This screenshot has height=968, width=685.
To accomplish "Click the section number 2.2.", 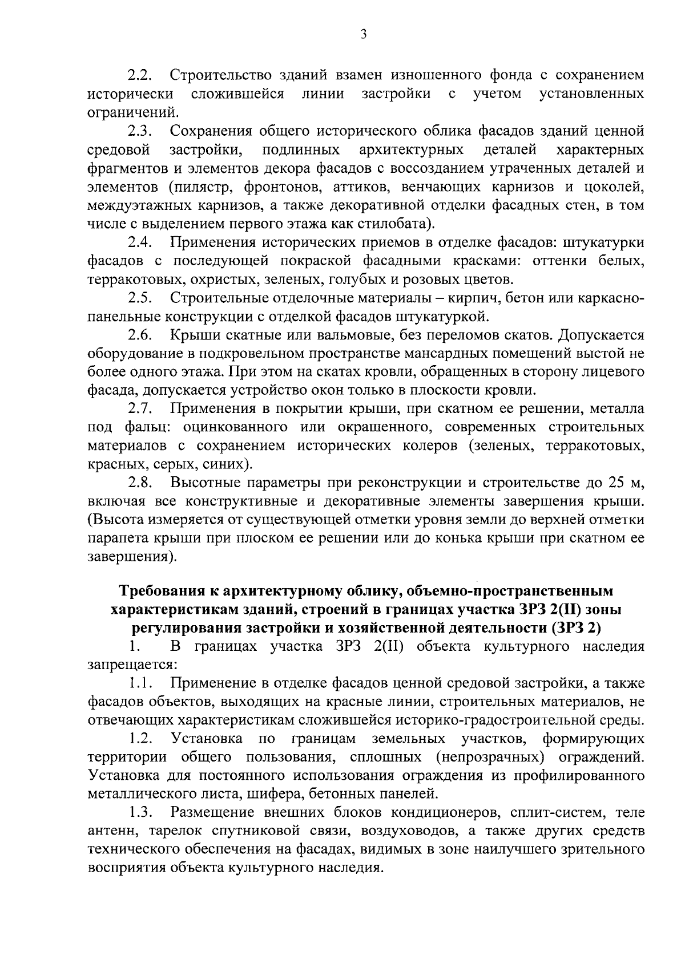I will tap(139, 75).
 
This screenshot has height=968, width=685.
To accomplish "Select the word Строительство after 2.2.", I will tap(220, 75).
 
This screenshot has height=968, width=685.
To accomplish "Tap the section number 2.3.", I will tap(139, 131).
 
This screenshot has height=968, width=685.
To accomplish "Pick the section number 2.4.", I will tap(139, 242).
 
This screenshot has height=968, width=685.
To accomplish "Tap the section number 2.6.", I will tap(139, 335).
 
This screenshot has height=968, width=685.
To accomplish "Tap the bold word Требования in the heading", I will tap(163, 590).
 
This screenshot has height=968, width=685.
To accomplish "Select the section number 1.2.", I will tap(140, 739).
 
